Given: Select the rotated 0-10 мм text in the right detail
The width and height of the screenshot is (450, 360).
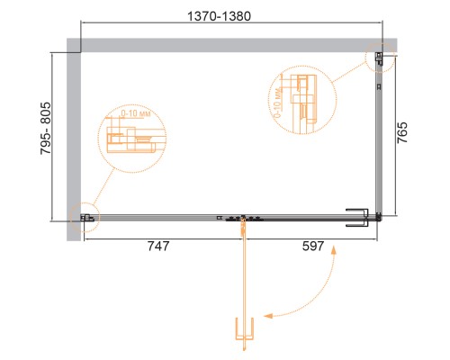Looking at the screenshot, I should (x=282, y=100).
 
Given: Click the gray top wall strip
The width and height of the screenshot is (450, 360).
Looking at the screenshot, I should (x=225, y=44).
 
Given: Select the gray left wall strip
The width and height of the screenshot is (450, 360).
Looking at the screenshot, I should (x=73, y=135).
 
